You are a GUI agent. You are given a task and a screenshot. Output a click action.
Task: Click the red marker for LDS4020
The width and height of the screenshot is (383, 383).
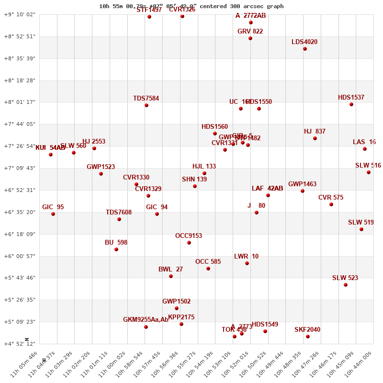pyautogui.click(x=305, y=49)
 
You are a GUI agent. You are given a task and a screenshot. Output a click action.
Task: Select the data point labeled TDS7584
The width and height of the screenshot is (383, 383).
pyautogui.click(x=146, y=105)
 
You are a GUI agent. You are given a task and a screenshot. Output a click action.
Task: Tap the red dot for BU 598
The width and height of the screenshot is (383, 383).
pyautogui.click(x=116, y=249)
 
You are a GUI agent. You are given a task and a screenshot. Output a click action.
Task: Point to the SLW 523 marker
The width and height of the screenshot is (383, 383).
pyautogui.click(x=346, y=285)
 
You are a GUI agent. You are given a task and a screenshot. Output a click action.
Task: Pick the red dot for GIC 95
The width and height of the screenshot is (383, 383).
pyautogui.click(x=53, y=214)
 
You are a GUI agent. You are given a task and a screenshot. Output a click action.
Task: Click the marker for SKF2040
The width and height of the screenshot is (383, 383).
pyautogui.click(x=308, y=337)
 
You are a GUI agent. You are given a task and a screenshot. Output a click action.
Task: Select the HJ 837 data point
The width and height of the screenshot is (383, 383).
pyautogui.click(x=315, y=138)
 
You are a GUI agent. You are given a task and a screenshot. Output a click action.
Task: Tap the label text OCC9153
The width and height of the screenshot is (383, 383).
pyautogui.click(x=189, y=236)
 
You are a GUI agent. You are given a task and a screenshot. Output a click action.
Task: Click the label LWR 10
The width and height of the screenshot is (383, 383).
pyautogui.click(x=246, y=257)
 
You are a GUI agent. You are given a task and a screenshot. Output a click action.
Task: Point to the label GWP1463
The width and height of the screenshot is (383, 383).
pyautogui.click(x=302, y=184)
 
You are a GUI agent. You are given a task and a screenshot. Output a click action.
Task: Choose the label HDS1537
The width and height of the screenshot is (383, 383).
pyautogui.click(x=351, y=98)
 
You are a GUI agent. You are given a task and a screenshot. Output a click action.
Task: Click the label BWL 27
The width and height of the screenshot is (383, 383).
pyautogui.click(x=170, y=270)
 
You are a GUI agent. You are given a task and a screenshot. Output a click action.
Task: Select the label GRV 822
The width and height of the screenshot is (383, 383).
pyautogui.click(x=250, y=32)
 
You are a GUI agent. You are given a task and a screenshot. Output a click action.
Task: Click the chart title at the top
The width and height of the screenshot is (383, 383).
pyautogui.click(x=191, y=6)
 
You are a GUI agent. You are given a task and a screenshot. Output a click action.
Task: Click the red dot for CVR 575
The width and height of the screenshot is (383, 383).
pyautogui.click(x=331, y=204)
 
